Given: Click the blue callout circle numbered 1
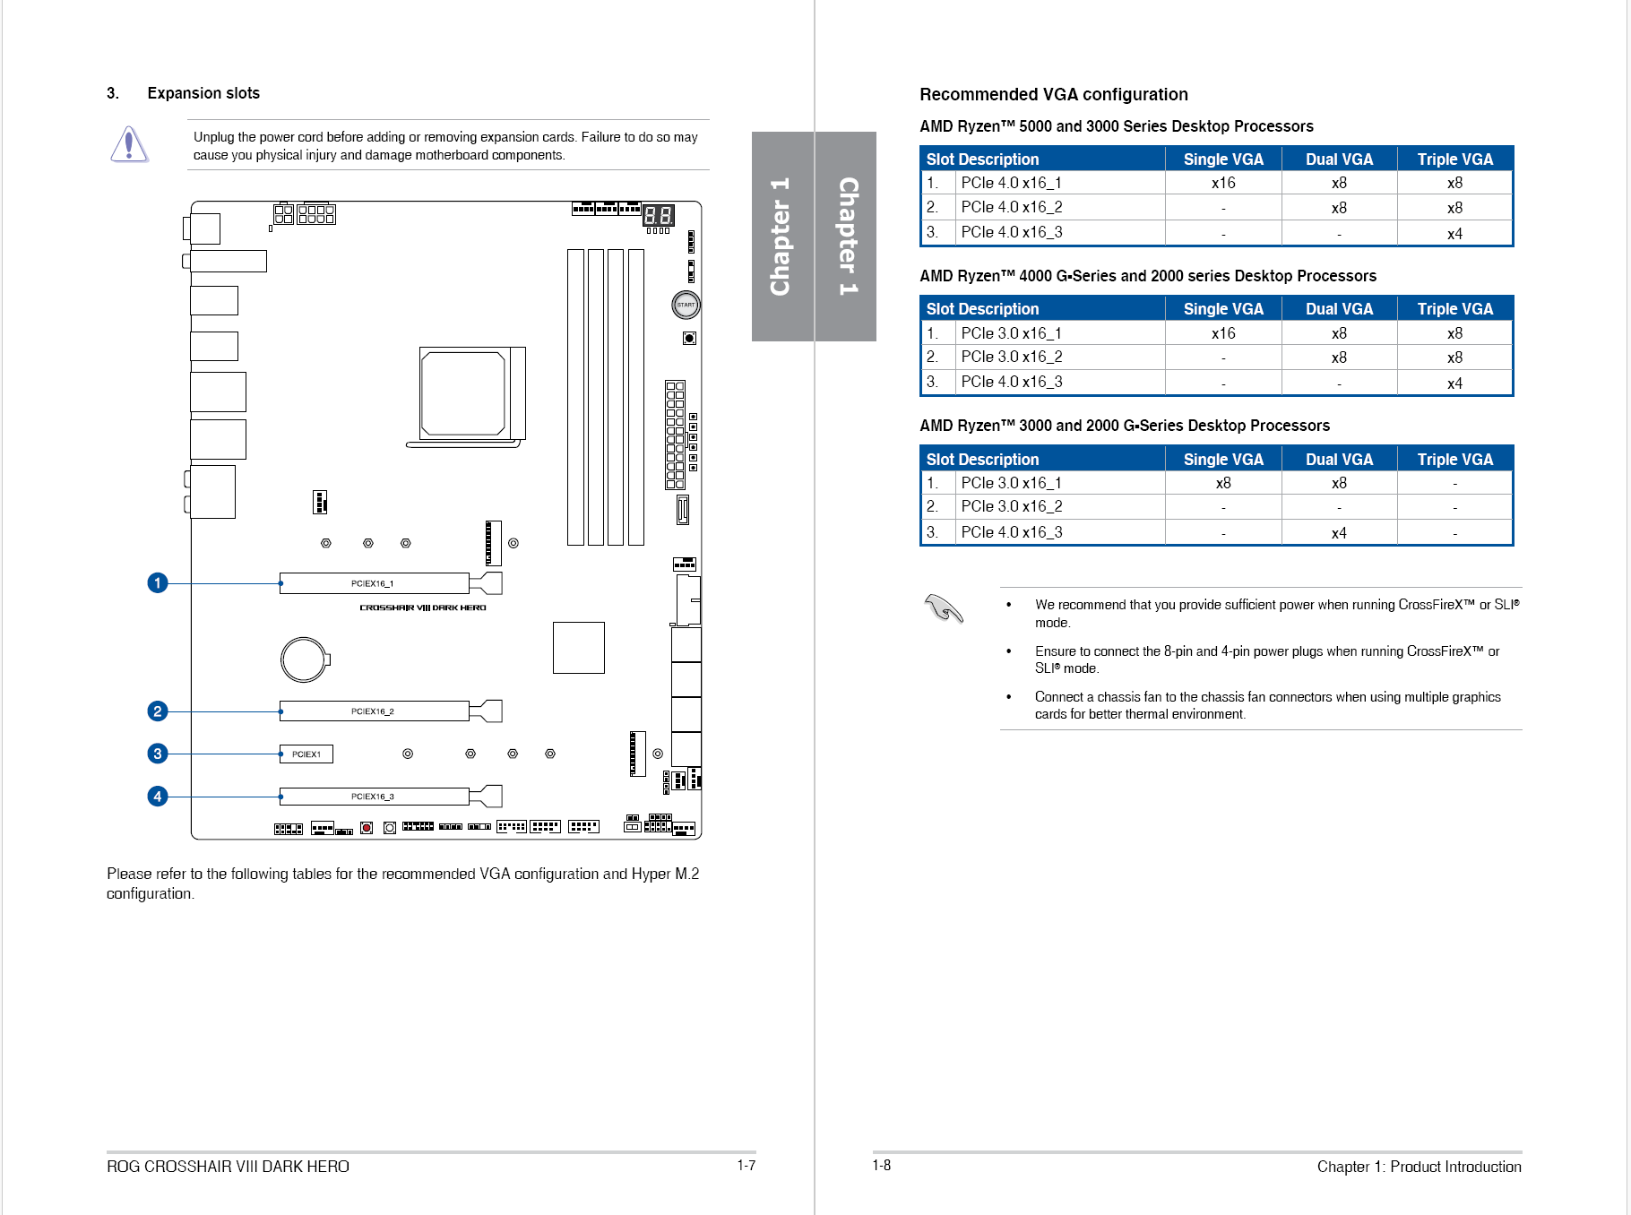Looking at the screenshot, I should click(158, 583).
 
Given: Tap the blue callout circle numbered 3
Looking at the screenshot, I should click(158, 754).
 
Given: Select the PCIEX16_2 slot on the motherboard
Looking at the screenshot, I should click(374, 711).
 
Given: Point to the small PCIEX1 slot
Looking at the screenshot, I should click(306, 754).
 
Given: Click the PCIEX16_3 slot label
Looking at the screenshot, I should click(373, 797).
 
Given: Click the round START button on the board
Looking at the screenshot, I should click(686, 305).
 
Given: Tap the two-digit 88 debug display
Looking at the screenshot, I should click(659, 215).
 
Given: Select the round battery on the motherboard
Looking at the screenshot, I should click(304, 659).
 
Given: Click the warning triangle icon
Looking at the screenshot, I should click(129, 144).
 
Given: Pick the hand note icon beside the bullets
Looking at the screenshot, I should click(943, 609).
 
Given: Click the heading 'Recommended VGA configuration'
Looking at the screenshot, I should click(1053, 94).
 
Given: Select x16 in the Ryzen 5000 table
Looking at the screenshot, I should click(1223, 183).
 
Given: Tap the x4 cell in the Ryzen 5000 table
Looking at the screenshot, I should click(1454, 234).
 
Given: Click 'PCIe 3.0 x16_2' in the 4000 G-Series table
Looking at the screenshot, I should click(1012, 357).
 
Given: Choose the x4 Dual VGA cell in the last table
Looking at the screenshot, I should click(1339, 533).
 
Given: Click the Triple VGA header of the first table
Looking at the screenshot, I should click(1454, 159).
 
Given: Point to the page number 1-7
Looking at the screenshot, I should click(746, 1166).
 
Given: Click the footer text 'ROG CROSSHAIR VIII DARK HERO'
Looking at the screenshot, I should click(228, 1167).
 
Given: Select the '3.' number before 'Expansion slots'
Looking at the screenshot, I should click(113, 93).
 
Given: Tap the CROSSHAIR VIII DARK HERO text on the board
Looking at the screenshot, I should click(423, 607).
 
